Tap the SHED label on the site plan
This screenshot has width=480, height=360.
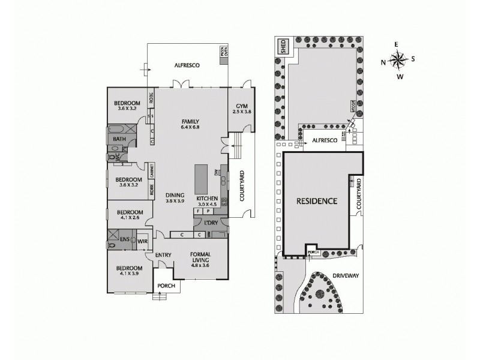(281, 46)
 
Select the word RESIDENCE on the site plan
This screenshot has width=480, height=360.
(316, 201)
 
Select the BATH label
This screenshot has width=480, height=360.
(120, 139)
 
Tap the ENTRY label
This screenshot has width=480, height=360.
(164, 255)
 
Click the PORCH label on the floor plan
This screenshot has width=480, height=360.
(166, 286)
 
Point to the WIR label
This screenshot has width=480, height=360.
(143, 241)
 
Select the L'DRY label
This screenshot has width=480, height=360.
(211, 223)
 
